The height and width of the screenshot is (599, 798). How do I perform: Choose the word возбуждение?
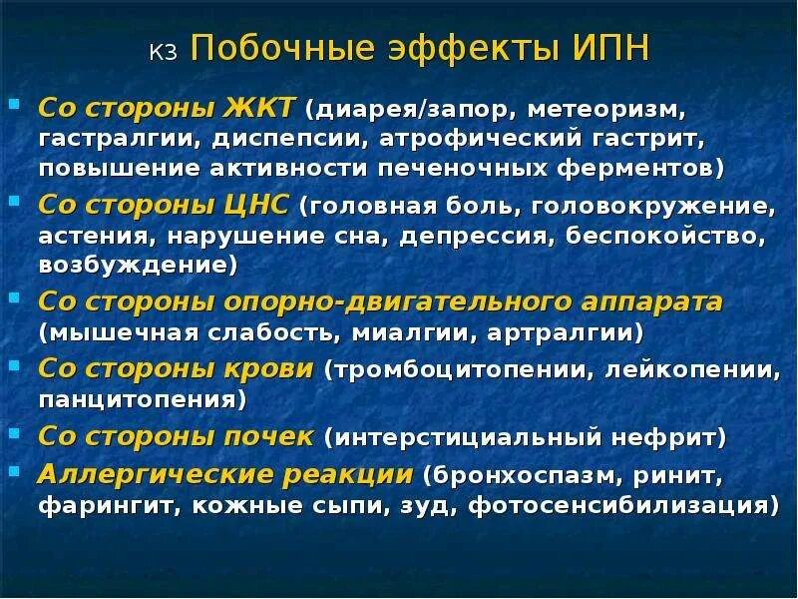click(137, 267)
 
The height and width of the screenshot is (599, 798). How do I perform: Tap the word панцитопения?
click(142, 399)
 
